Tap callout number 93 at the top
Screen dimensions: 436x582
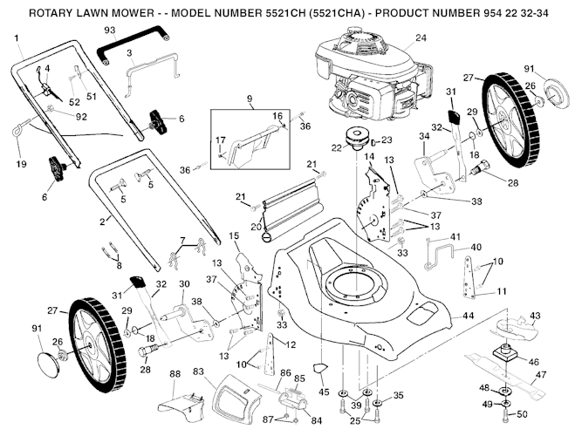110,31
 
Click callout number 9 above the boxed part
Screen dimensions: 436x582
248,99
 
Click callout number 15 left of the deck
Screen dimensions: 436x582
234,235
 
